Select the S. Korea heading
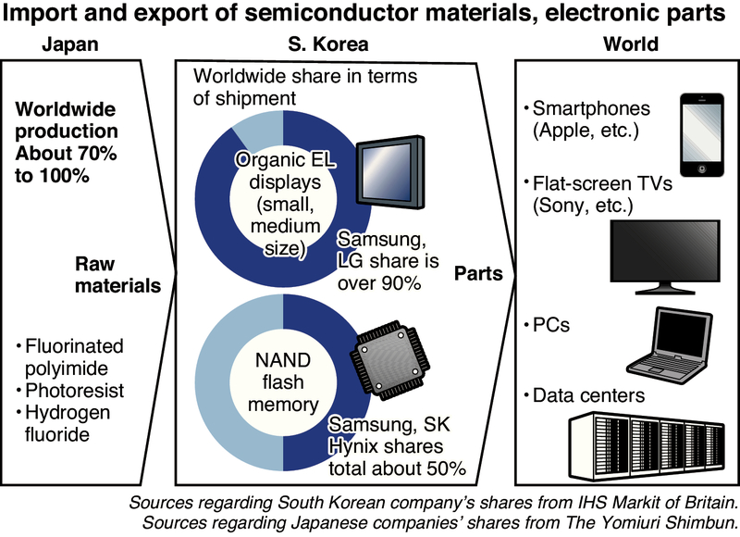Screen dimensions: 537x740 click(328, 44)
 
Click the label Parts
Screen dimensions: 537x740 click(479, 274)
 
